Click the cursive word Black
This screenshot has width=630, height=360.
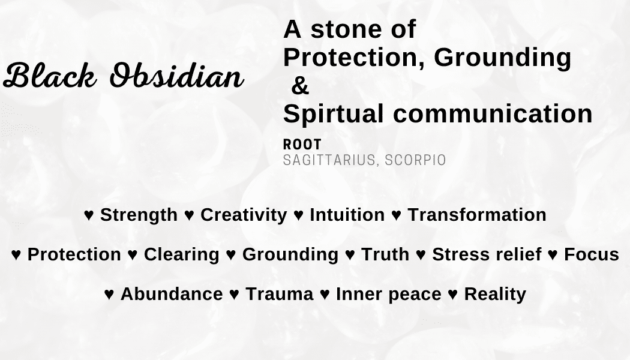pos(50,76)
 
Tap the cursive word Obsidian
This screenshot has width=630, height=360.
pos(177,76)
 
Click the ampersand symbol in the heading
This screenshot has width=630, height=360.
pos(300,86)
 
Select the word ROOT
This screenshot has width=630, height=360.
pos(302,145)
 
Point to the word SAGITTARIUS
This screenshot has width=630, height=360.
pos(329,160)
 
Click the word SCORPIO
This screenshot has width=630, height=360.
pos(415,160)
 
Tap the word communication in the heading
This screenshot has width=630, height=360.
pos(493,114)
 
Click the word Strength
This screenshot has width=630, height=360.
pos(139,215)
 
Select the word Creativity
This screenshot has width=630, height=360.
pos(244,215)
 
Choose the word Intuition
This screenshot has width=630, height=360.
pos(347,215)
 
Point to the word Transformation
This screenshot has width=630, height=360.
pos(477,215)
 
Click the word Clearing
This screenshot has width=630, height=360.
pos(182,255)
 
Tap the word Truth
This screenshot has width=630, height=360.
pos(385,255)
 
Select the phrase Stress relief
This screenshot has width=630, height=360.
pos(487,255)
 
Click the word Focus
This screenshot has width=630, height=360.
pos(592,255)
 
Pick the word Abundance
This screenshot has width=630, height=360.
pos(172,294)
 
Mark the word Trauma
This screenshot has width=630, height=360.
pos(279,294)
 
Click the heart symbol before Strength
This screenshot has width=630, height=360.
pos(89,215)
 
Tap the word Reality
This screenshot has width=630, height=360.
pos(495,295)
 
